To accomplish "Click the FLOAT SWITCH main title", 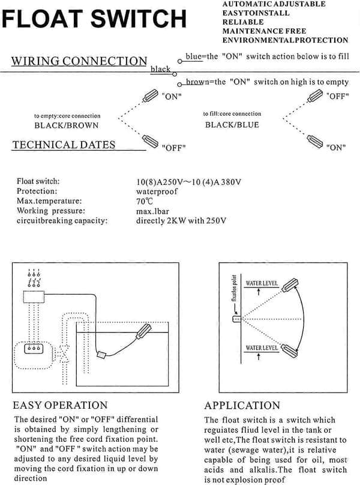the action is click(x=94, y=19).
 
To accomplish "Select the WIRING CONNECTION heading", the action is click(x=79, y=61).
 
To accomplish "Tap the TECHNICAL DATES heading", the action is click(x=64, y=145).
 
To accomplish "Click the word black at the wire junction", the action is click(x=160, y=69).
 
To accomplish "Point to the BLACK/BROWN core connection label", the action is click(x=67, y=125).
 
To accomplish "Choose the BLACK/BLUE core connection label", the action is click(x=232, y=125).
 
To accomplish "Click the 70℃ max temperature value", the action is click(x=145, y=201).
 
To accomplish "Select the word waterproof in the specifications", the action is click(x=157, y=191).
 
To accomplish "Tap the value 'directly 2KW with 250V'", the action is click(x=181, y=221).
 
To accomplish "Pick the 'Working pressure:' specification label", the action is click(x=51, y=211).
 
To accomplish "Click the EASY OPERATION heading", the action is click(x=60, y=405).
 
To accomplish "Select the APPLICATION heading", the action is click(x=242, y=406).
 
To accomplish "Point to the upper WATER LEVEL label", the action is click(x=262, y=283).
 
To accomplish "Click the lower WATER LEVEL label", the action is click(x=262, y=348).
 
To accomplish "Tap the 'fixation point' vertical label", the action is click(x=234, y=288).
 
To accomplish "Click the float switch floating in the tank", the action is click(x=143, y=331).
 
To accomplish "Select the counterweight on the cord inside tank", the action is click(x=101, y=355).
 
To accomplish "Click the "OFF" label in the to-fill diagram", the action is click(x=338, y=96).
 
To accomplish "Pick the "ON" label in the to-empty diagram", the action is click(x=172, y=97).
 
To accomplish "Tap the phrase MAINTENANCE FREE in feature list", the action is click(x=264, y=31).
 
